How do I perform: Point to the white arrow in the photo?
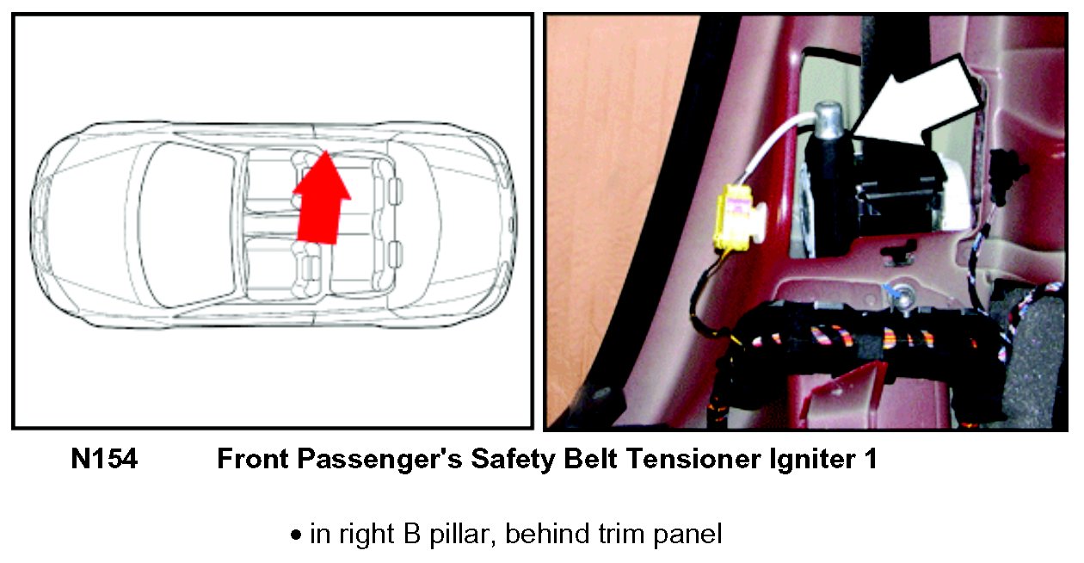coord(920,104)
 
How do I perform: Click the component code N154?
coord(104,458)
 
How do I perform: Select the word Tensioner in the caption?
coord(693,458)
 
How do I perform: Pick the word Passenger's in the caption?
coord(379,459)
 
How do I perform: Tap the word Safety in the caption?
coord(513,459)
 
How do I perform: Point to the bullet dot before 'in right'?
coord(296,535)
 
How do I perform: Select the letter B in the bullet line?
coord(411,534)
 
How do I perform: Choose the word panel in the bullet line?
coord(687,535)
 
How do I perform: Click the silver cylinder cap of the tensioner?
coord(830,118)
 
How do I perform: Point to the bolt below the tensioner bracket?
coord(901,297)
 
